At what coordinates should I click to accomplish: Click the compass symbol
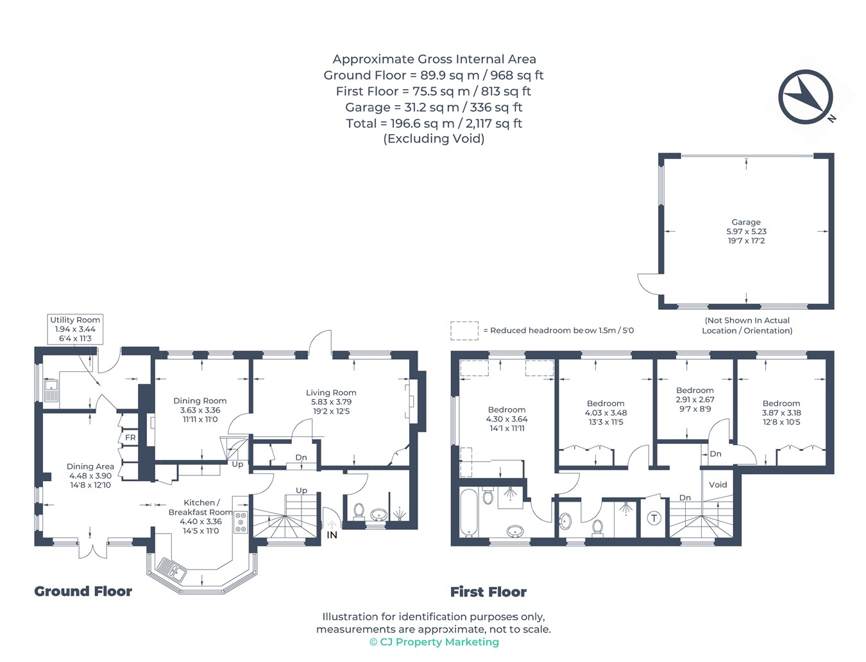click(805, 97)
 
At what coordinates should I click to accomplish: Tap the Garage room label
click(745, 222)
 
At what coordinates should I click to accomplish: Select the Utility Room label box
click(75, 329)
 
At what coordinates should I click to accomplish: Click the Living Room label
click(331, 393)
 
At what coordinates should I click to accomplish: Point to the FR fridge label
click(130, 437)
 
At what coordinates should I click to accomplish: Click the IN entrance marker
click(332, 535)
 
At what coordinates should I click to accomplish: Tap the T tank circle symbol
click(654, 518)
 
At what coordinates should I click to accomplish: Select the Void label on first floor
click(718, 485)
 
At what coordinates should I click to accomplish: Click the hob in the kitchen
click(241, 522)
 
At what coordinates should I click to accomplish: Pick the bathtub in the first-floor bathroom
click(469, 513)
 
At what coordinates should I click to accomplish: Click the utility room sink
click(51, 389)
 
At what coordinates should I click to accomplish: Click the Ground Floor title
click(83, 591)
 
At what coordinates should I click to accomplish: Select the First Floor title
click(488, 592)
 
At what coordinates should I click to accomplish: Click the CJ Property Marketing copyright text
click(434, 642)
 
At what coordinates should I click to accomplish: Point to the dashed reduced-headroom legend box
click(464, 330)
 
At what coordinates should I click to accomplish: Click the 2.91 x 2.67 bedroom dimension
click(695, 399)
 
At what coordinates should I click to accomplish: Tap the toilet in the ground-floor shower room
click(359, 511)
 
